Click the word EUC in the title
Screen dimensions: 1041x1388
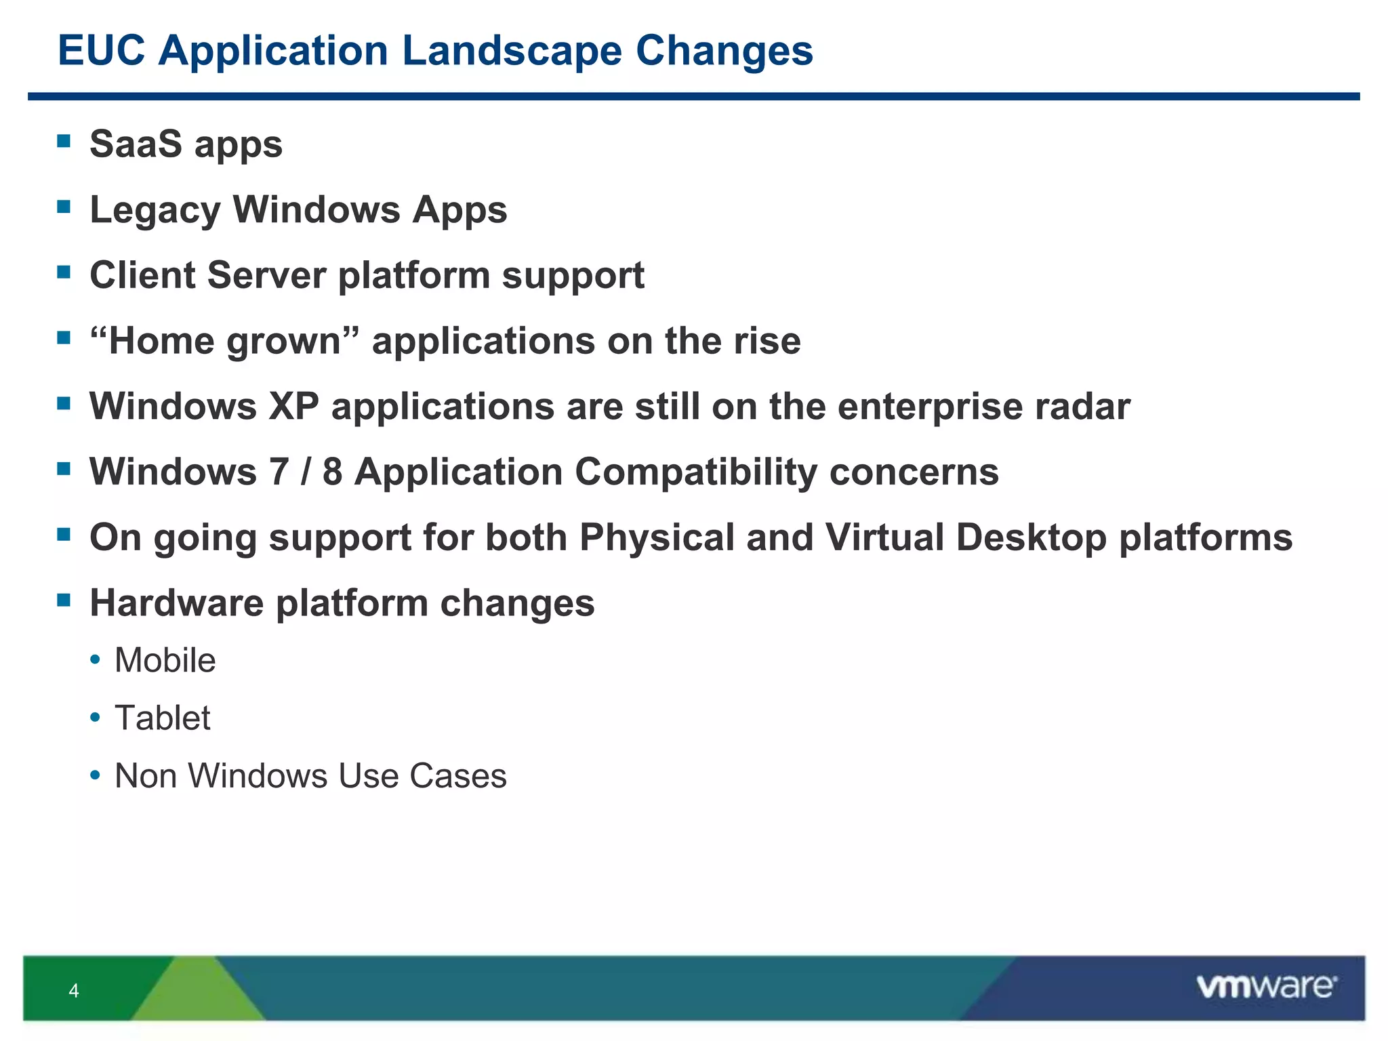coord(102,51)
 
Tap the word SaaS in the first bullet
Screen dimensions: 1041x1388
coord(136,144)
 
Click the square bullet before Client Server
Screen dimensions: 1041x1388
coord(64,272)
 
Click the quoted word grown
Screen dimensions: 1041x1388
coord(283,342)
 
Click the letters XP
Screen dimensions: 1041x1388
coord(293,407)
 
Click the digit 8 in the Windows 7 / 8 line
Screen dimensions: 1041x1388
coord(332,472)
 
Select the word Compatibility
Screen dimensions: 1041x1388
coord(696,472)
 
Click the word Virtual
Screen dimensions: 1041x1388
coord(884,537)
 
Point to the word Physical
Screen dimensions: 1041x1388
coord(657,537)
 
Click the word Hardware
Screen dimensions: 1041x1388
coord(176,603)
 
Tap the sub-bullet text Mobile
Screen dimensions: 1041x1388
coord(165,660)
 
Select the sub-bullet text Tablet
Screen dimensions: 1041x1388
coord(162,718)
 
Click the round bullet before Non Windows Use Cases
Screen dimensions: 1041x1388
coord(96,775)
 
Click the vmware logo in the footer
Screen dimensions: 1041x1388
coord(1266,987)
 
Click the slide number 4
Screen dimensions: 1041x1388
coord(74,991)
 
